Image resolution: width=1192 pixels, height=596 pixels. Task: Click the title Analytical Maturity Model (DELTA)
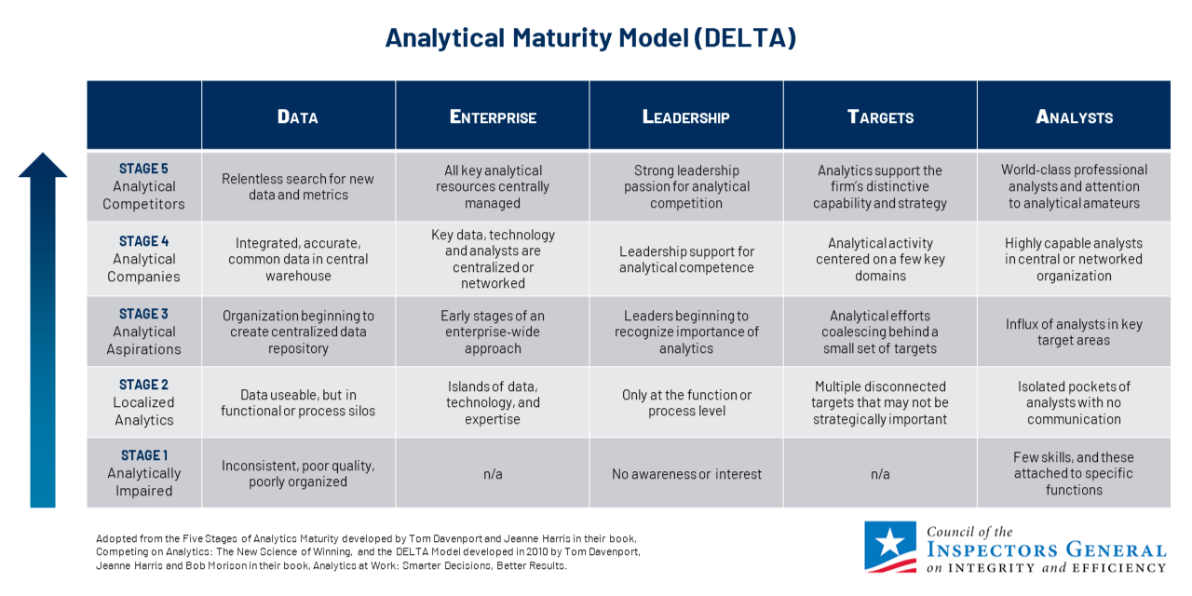pyautogui.click(x=590, y=38)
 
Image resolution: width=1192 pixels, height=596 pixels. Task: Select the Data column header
pyautogui.click(x=298, y=116)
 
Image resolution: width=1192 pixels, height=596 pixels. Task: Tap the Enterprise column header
pyautogui.click(x=493, y=116)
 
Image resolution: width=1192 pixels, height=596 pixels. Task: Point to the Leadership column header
pyautogui.click(x=686, y=116)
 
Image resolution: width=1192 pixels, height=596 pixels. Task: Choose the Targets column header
pyautogui.click(x=880, y=116)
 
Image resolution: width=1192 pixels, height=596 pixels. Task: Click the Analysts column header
pyautogui.click(x=1074, y=116)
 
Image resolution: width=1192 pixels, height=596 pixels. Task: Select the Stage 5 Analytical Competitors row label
pyautogui.click(x=144, y=186)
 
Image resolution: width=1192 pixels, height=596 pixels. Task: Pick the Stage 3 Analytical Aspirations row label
pyautogui.click(x=144, y=332)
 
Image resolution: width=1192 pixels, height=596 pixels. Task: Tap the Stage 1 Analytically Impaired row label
pyautogui.click(x=144, y=473)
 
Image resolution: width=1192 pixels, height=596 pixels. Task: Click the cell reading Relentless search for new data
pyautogui.click(x=298, y=186)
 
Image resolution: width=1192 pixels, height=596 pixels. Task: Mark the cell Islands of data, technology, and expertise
pyautogui.click(x=493, y=402)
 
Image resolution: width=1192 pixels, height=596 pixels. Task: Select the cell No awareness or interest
pyautogui.click(x=686, y=474)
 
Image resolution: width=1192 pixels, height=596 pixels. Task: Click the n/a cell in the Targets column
pyautogui.click(x=880, y=474)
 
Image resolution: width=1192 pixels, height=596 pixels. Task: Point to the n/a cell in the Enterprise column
pyautogui.click(x=493, y=474)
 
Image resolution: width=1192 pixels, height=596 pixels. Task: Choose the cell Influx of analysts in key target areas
pyautogui.click(x=1074, y=332)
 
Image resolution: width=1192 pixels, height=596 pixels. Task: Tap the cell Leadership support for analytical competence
pyautogui.click(x=686, y=259)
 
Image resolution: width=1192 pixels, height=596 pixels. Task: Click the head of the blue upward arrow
pyautogui.click(x=43, y=166)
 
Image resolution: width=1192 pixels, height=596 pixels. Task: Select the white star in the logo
pyautogui.click(x=891, y=542)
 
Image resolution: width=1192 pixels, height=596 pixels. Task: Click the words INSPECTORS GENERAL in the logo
pyautogui.click(x=1046, y=550)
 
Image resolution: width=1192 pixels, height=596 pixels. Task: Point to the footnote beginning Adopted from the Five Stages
pyautogui.click(x=368, y=551)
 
